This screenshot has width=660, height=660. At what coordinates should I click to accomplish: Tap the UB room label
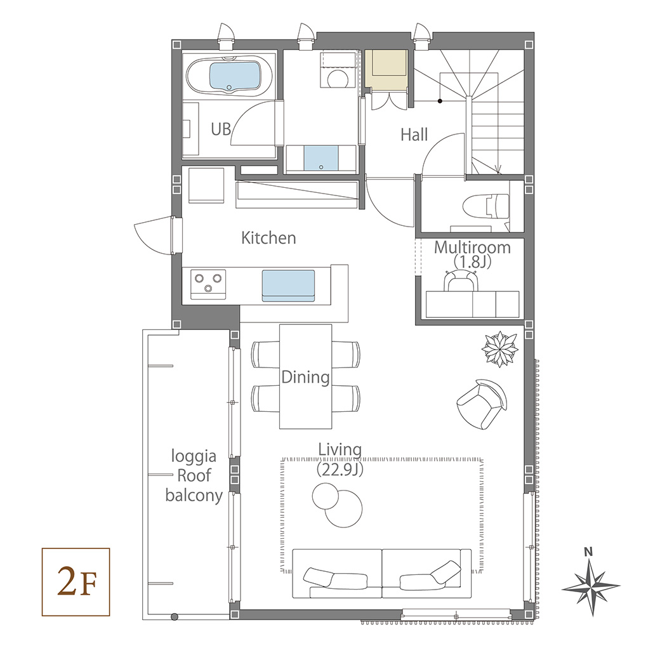click(x=221, y=129)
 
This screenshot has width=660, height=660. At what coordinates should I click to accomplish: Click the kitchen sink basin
click(x=288, y=286)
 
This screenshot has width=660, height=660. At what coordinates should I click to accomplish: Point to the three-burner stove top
click(x=208, y=284)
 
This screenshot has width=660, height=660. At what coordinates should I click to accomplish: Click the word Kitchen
click(x=268, y=238)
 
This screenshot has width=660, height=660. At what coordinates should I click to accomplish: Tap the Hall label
click(x=414, y=135)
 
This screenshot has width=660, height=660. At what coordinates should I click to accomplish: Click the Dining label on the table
click(x=306, y=377)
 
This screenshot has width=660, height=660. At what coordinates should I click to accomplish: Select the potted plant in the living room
click(x=499, y=349)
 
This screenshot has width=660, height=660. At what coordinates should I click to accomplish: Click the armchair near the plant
click(x=482, y=404)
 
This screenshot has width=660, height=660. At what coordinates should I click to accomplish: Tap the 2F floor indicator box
click(x=76, y=582)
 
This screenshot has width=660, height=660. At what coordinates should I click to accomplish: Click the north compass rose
click(x=591, y=586)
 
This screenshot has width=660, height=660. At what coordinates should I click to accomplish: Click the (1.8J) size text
click(x=473, y=262)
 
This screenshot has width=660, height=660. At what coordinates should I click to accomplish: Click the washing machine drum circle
click(x=337, y=79)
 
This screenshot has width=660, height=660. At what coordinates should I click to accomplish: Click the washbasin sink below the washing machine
click(x=321, y=158)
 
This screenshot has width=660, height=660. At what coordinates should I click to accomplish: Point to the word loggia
click(x=194, y=456)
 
